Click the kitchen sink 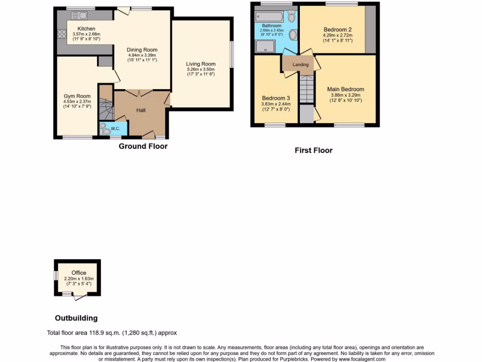coord(76,15)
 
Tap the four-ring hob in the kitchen coord(61,34)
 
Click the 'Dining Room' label coord(142,49)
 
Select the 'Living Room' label coord(201,64)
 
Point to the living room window coord(231,55)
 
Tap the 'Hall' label coord(141,110)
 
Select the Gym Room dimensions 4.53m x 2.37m coord(77,101)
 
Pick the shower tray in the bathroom coord(266,46)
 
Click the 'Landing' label coord(301,65)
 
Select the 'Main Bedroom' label coord(345,89)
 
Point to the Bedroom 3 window coord(274,125)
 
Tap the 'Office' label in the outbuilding coord(79,273)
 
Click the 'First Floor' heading coord(313,150)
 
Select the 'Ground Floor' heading coord(143,146)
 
